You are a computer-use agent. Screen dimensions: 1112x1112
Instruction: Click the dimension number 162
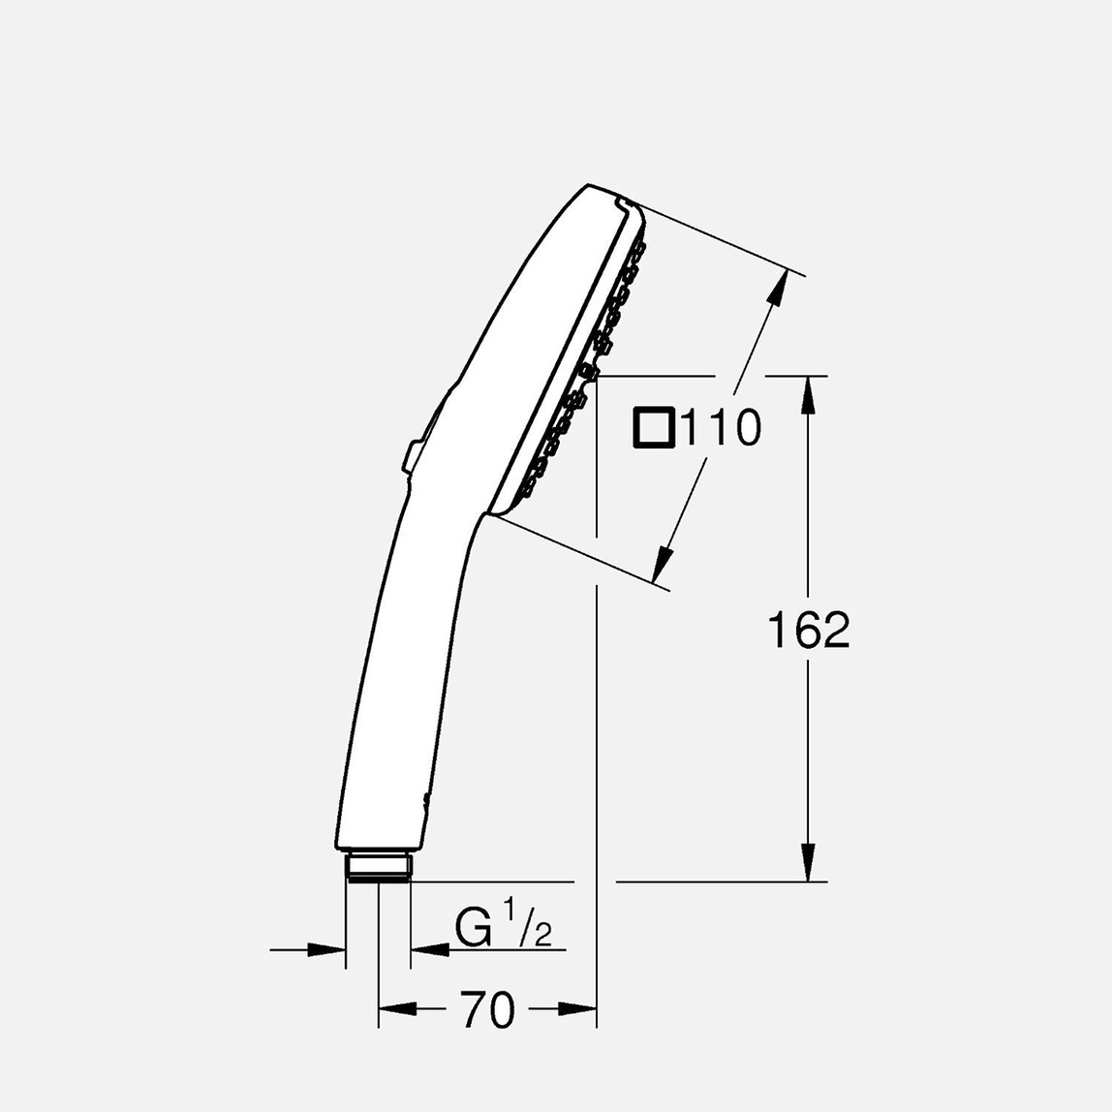pos(808,632)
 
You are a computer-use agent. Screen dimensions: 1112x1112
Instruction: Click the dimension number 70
pos(487,1010)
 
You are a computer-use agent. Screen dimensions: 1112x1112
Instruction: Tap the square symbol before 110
pos(654,428)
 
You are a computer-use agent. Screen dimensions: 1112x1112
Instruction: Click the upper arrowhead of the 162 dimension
pos(809,392)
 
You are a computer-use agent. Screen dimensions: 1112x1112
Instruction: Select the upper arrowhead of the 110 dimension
pos(776,291)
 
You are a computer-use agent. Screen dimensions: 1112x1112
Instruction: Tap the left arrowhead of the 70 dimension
pos(392,1009)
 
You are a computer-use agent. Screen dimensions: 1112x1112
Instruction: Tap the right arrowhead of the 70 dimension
pos(582,1009)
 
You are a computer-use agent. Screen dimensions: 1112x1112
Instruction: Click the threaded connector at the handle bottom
pos(378,866)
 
